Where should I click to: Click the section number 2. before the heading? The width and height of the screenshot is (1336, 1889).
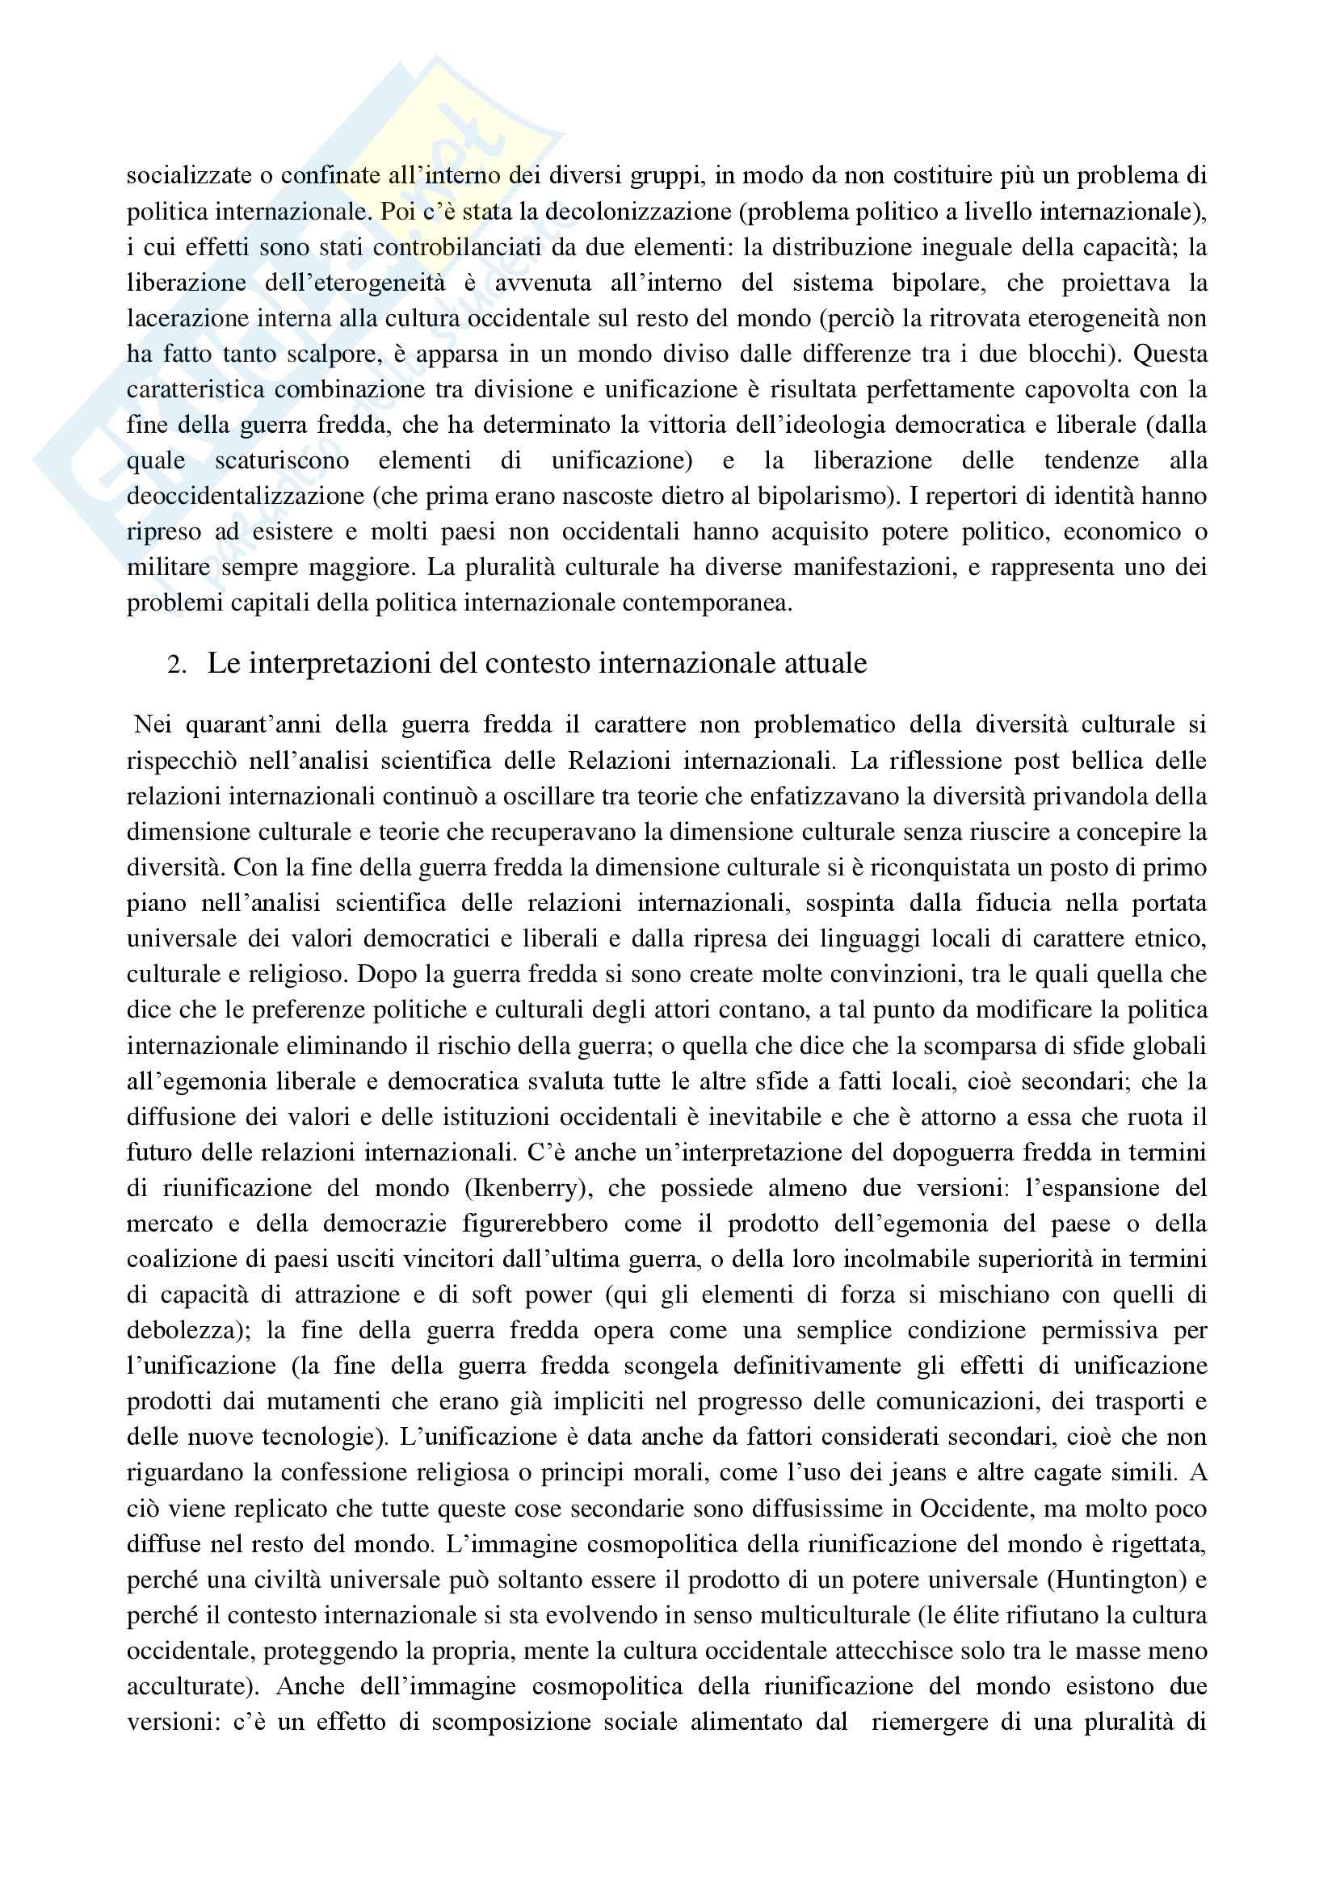(x=177, y=665)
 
